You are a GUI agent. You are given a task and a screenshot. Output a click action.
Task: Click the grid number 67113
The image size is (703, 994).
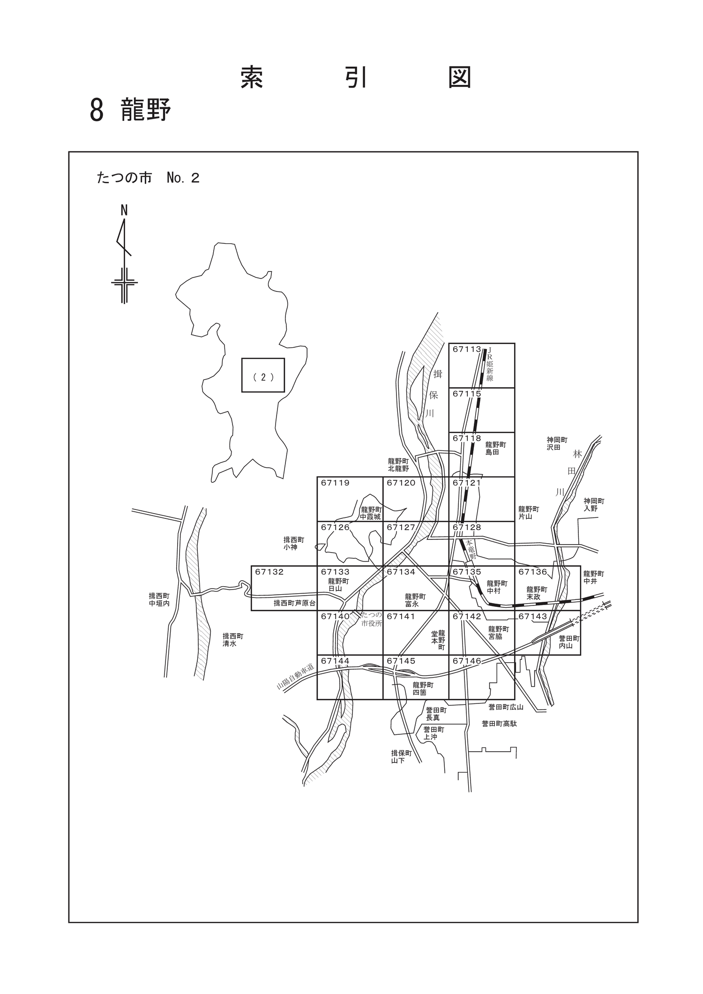coord(467,349)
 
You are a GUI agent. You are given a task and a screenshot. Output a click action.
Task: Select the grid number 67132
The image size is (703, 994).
coord(269,572)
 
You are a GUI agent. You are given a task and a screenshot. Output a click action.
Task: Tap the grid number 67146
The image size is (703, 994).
coord(467,661)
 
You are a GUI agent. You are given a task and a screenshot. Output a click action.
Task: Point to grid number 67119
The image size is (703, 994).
coord(335,483)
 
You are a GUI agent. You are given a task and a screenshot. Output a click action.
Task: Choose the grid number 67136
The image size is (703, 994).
coord(533,572)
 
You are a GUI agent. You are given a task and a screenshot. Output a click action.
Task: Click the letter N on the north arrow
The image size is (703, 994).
coord(124,210)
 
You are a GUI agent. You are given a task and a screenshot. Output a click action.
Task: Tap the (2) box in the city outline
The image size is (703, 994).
coord(263,375)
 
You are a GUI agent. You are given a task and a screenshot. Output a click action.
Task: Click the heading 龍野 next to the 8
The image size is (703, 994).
coord(146,110)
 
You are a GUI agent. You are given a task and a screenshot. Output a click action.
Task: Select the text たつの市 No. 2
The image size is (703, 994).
coord(148,178)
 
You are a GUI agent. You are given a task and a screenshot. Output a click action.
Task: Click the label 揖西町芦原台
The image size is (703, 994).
coord(295,604)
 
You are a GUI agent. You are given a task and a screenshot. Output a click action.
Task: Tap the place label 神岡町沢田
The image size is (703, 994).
coord(557,444)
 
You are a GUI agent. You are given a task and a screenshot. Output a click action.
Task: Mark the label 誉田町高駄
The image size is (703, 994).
coord(499,724)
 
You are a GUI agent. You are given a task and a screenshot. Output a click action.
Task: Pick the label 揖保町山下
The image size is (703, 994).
coord(402,757)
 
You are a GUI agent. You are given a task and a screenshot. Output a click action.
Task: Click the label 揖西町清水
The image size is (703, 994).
coord(233,640)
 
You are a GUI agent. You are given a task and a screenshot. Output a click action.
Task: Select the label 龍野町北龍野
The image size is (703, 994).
coord(398,465)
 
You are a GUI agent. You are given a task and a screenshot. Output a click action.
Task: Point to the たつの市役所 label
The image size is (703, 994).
coord(372,619)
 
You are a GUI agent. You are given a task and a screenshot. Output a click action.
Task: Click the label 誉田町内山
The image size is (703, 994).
coord(569,642)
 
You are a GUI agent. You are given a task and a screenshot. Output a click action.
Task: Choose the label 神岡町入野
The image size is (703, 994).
coord(594,505)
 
